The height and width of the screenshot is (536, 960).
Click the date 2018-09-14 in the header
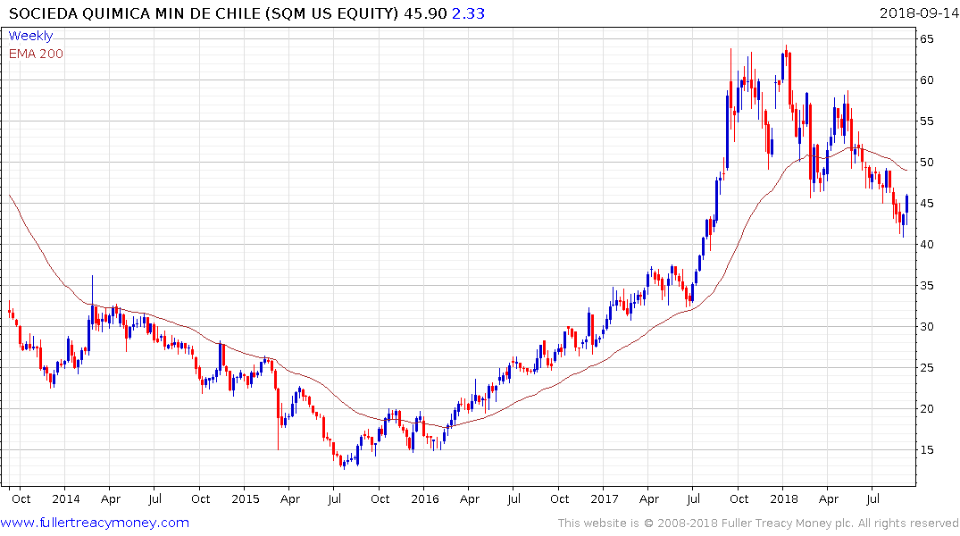(917, 13)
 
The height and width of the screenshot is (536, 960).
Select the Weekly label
(30, 36)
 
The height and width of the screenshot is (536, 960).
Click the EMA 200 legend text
(36, 53)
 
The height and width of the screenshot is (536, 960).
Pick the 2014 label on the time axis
(66, 498)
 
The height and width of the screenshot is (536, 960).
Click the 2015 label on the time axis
(245, 498)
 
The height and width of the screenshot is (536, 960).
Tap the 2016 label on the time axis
(424, 498)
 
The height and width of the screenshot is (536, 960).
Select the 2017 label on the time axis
(605, 498)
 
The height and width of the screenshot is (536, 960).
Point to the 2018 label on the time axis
(784, 498)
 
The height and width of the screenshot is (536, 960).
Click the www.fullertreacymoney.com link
(96, 523)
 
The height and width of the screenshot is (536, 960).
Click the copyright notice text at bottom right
(758, 523)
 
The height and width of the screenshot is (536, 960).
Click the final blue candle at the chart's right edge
(907, 205)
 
